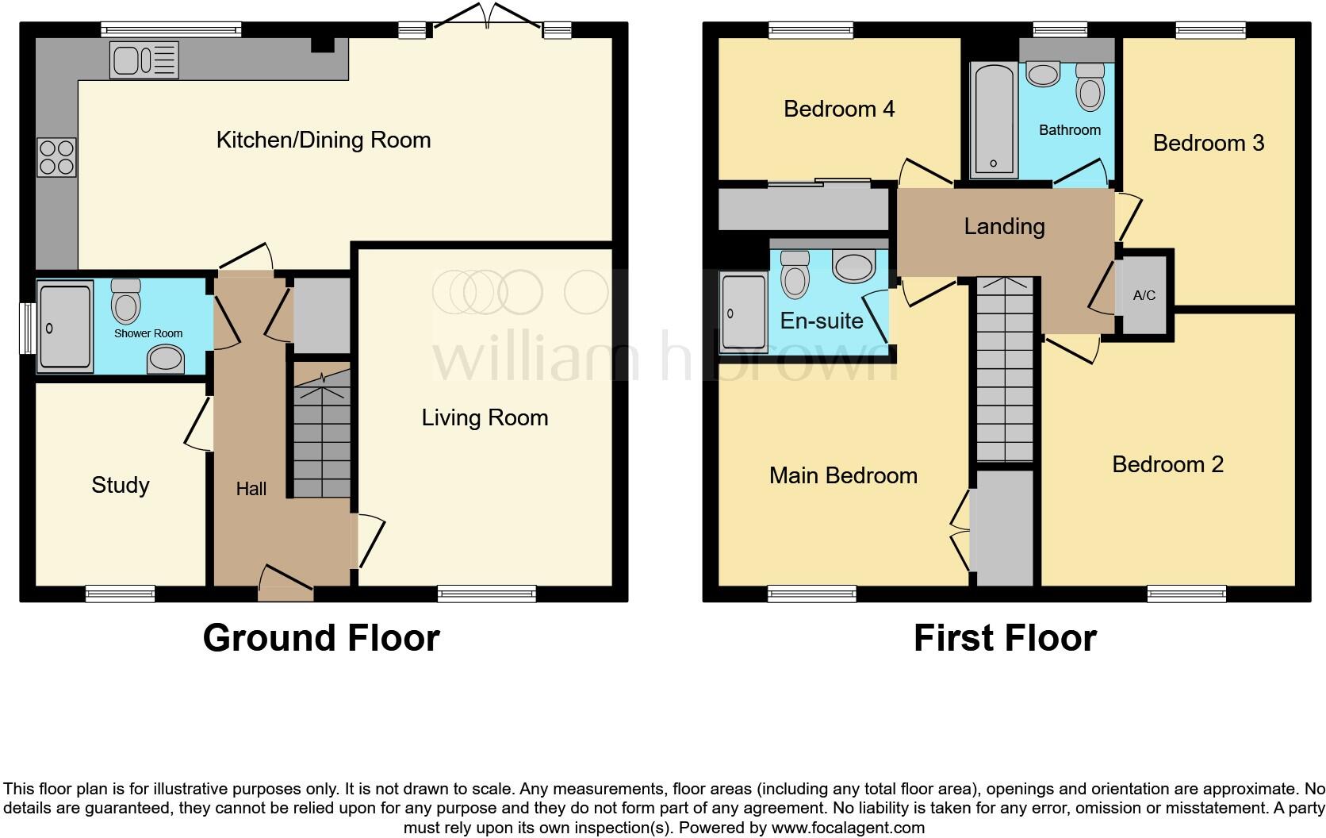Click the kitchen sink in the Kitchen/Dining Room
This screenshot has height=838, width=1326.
click(145, 60)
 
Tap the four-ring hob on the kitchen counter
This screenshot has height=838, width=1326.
click(56, 157)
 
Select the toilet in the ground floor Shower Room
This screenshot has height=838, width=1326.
click(125, 300)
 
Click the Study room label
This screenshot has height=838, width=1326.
click(121, 485)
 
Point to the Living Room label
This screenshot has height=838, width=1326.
click(485, 417)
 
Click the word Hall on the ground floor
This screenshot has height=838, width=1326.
click(251, 489)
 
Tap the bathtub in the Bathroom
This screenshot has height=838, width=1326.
click(992, 120)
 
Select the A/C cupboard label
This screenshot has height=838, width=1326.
click(1144, 295)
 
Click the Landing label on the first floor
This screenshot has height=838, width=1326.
click(1004, 226)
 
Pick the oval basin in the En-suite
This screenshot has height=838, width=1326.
click(853, 266)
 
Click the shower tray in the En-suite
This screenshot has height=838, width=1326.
click(744, 312)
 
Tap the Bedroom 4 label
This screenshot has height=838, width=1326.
click(839, 109)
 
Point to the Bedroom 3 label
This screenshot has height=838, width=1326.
click(1208, 143)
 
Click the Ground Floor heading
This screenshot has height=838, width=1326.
click(320, 638)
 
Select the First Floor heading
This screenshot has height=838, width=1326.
click(1005, 638)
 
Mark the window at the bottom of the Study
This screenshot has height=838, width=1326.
click(121, 594)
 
